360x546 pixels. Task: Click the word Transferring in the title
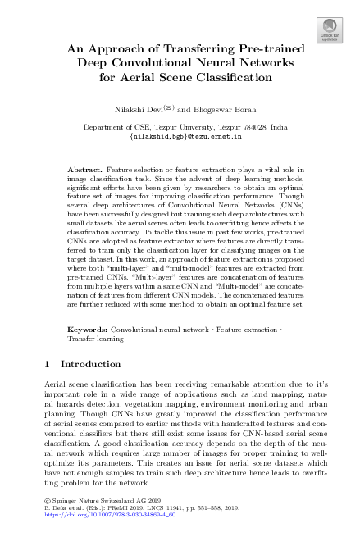(187, 49)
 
